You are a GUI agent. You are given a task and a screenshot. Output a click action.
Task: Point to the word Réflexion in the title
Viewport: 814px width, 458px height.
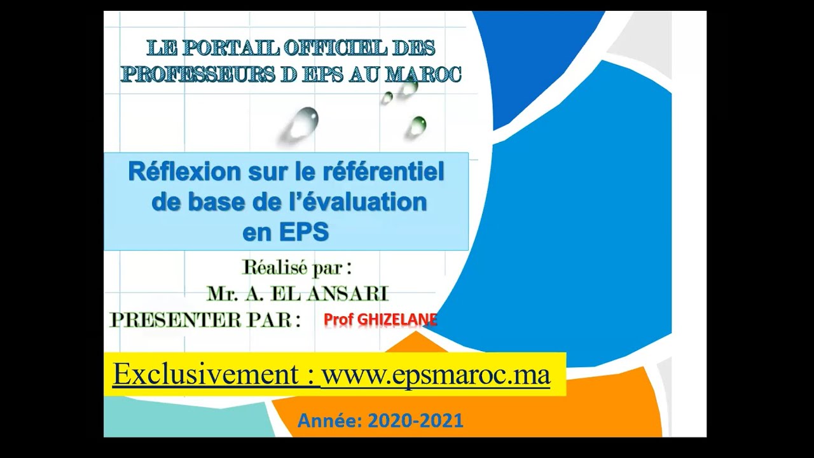pos(176,172)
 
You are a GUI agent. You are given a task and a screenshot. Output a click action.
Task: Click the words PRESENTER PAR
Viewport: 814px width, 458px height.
pos(205,319)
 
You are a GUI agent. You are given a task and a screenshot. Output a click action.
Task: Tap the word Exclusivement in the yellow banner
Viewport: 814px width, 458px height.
pos(206,374)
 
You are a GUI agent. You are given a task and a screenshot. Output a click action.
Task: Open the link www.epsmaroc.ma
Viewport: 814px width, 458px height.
pos(436,374)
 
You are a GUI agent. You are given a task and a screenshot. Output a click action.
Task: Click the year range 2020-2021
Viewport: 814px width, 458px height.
pos(415,420)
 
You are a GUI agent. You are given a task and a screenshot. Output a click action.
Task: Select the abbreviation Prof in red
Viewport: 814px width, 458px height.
pos(338,319)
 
